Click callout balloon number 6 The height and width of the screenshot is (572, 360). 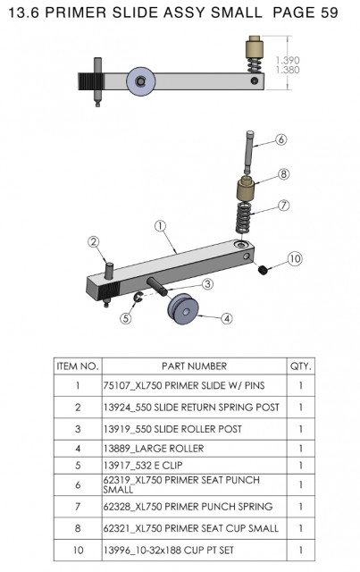click(280, 139)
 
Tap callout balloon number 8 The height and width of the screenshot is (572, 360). click(284, 174)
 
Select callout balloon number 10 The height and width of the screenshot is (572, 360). click(295, 259)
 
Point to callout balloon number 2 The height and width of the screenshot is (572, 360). click(94, 242)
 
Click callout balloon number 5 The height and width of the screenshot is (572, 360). click(126, 318)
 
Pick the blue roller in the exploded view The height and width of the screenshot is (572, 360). click(184, 309)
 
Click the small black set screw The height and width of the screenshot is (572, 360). click(263, 270)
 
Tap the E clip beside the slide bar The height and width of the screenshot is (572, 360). click(138, 298)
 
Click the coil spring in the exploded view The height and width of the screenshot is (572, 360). click(244, 218)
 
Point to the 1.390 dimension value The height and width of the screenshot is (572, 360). click(288, 60)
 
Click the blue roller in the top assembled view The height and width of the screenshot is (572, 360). click(141, 81)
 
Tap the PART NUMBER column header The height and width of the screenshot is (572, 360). click(195, 366)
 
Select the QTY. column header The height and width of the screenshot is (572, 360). click(301, 366)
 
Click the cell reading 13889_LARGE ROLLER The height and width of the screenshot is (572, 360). click(154, 449)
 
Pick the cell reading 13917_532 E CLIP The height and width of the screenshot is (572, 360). click(143, 466)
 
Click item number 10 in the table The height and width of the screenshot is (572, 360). click(78, 550)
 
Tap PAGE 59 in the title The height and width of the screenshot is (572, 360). click(306, 13)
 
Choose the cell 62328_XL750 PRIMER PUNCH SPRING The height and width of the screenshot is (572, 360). click(188, 507)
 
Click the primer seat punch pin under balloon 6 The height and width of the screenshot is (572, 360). click(248, 152)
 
